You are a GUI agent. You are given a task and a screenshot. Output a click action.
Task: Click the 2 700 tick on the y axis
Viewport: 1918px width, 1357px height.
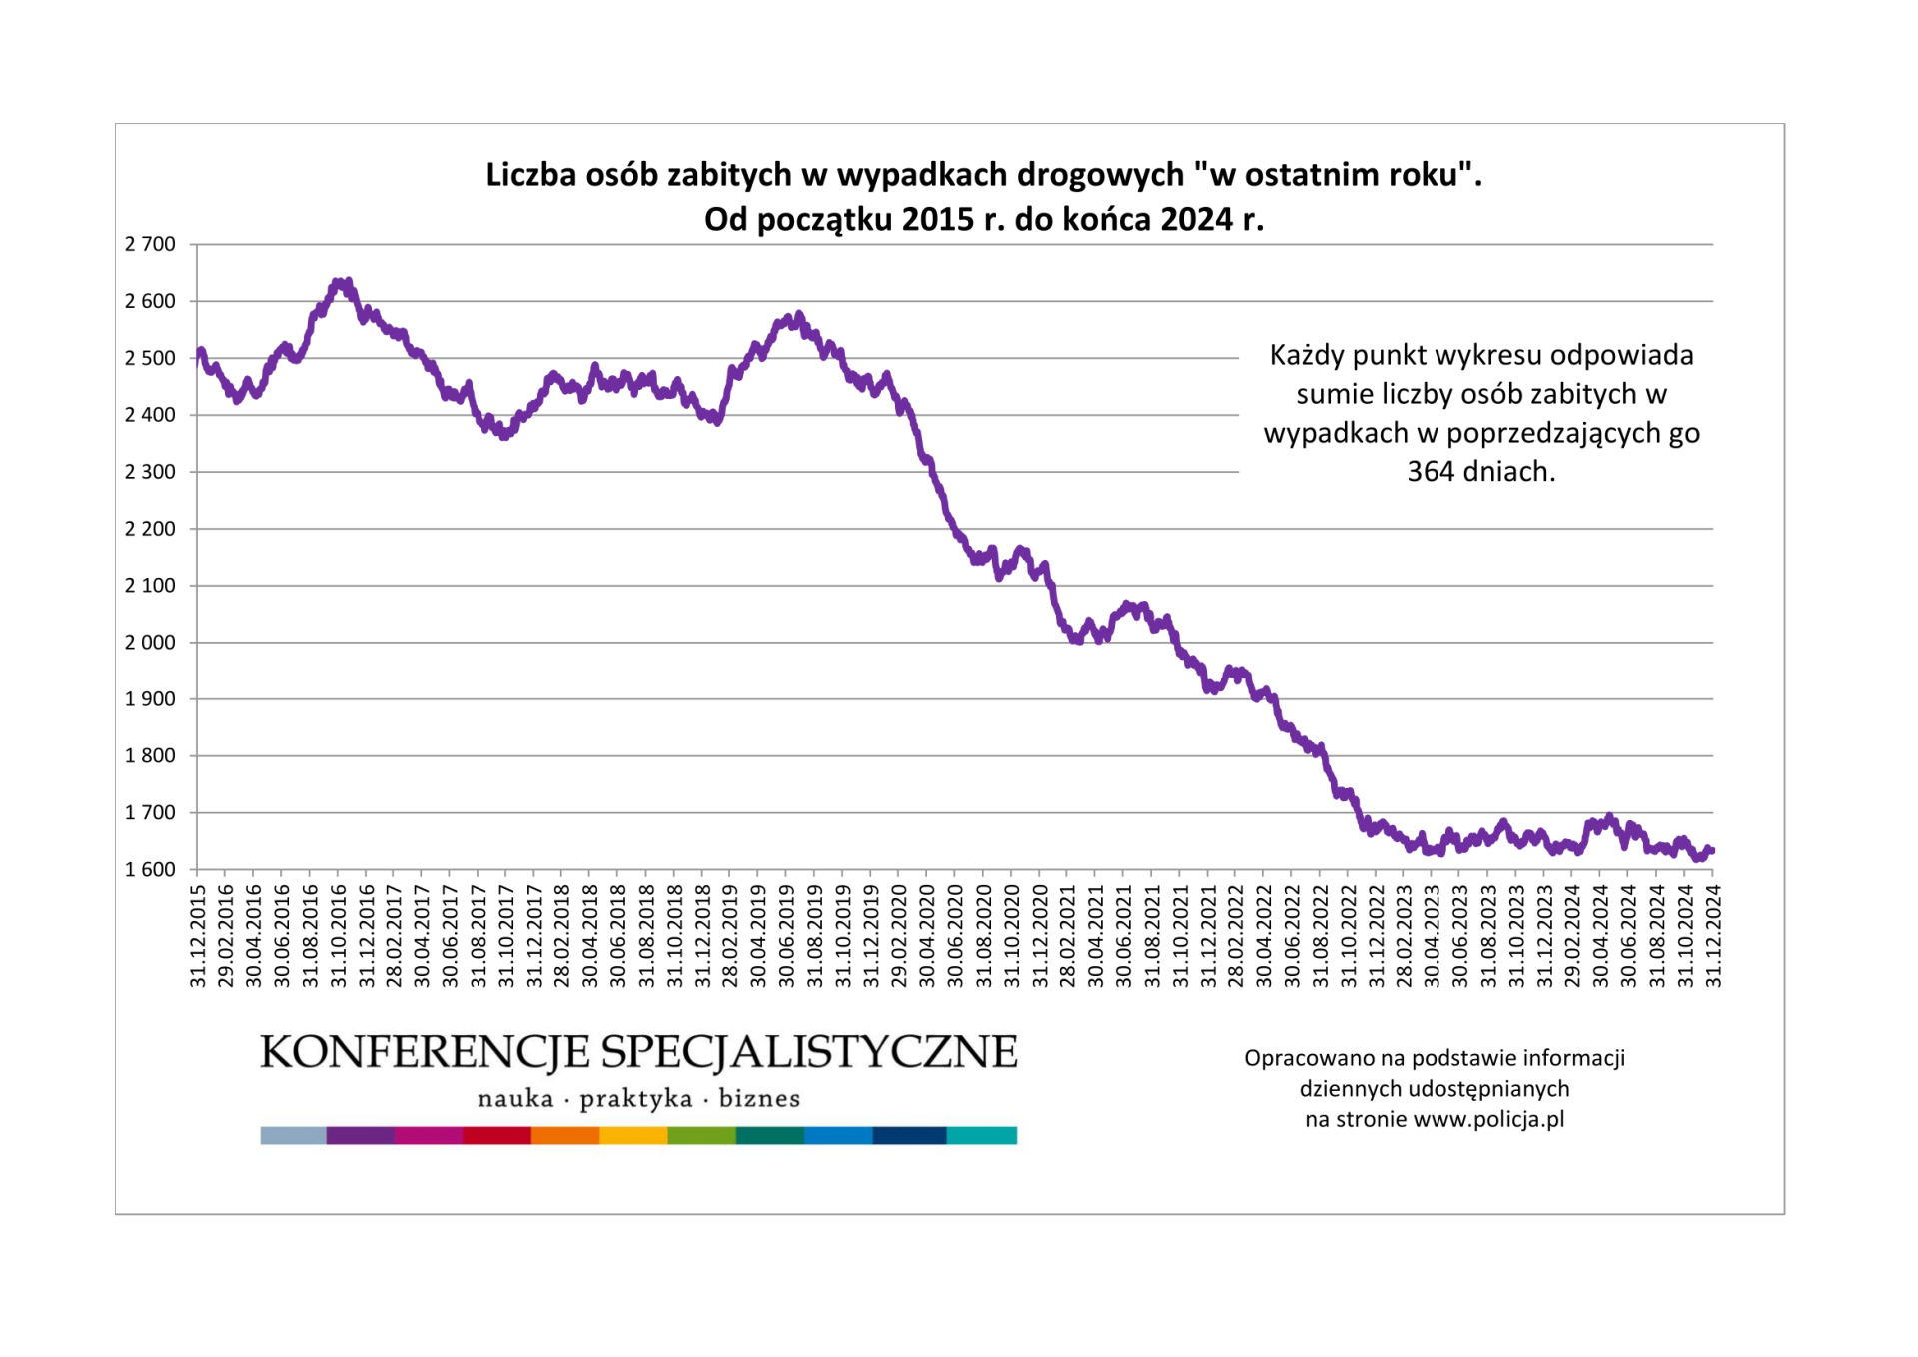pyautogui.click(x=150, y=244)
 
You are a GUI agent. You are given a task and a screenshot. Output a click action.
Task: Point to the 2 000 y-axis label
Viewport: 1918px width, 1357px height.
pyautogui.click(x=150, y=643)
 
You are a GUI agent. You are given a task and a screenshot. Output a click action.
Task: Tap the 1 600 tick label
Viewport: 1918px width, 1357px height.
pyautogui.click(x=150, y=870)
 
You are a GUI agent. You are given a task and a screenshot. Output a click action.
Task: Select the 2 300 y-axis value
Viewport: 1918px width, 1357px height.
pyautogui.click(x=150, y=472)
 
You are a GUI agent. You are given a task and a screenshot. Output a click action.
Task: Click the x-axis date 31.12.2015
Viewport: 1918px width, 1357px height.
pyautogui.click(x=198, y=935)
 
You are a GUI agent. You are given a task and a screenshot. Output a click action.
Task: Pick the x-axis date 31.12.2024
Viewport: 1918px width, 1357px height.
pyautogui.click(x=1714, y=935)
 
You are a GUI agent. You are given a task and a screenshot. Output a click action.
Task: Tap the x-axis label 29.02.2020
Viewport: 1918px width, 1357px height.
pyautogui.click(x=900, y=935)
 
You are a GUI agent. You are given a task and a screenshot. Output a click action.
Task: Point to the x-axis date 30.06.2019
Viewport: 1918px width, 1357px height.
pyautogui.click(x=787, y=935)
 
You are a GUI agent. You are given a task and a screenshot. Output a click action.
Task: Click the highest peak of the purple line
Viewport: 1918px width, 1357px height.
pyautogui.click(x=340, y=284)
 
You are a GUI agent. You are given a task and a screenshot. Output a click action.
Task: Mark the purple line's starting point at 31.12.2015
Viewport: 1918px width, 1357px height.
pyautogui.click(x=199, y=355)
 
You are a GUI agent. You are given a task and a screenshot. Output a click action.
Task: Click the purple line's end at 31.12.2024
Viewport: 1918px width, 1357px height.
pyautogui.click(x=1712, y=851)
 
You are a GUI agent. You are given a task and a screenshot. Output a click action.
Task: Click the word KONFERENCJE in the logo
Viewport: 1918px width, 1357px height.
pyautogui.click(x=425, y=1052)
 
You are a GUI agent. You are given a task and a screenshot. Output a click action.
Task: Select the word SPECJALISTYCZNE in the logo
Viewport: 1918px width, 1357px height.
pyautogui.click(x=809, y=1052)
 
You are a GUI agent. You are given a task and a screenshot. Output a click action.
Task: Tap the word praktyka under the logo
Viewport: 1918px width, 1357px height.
pyautogui.click(x=636, y=1099)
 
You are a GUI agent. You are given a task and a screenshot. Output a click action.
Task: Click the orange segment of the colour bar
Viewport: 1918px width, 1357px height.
pyautogui.click(x=565, y=1135)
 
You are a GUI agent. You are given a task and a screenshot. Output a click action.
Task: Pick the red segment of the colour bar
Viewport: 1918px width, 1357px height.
pyautogui.click(x=496, y=1135)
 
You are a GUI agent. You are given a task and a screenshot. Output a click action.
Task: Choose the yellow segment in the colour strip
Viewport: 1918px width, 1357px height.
pyautogui.click(x=633, y=1135)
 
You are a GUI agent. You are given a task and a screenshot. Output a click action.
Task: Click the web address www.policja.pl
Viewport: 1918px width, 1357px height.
pyautogui.click(x=1488, y=1119)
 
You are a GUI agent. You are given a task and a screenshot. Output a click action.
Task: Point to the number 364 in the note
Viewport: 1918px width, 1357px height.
pyautogui.click(x=1431, y=471)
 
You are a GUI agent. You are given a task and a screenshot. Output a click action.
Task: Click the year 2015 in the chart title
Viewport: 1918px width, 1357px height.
pyautogui.click(x=938, y=219)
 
